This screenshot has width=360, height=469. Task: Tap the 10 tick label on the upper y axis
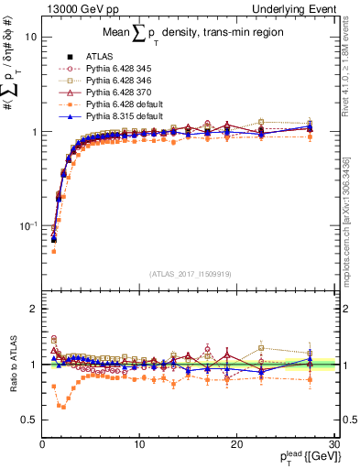tap(30, 38)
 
